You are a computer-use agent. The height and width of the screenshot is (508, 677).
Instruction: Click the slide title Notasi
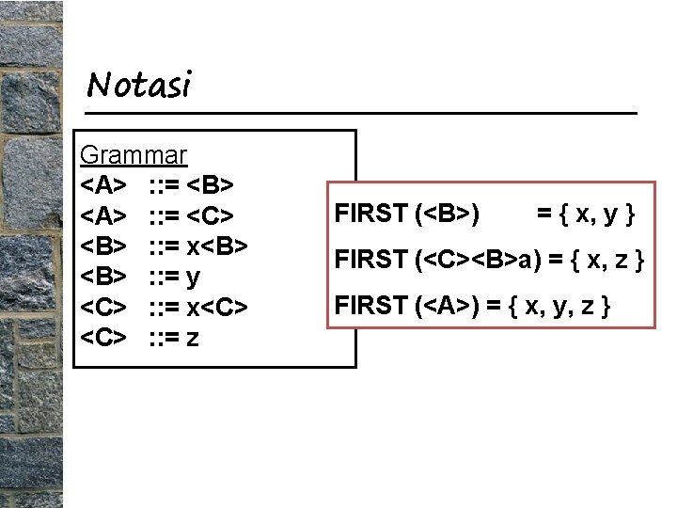(x=138, y=86)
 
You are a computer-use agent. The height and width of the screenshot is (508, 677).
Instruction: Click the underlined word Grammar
(x=134, y=154)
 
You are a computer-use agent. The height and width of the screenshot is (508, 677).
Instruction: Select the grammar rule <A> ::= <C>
(x=164, y=215)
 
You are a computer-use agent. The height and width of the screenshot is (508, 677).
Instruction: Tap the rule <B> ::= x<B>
(x=164, y=246)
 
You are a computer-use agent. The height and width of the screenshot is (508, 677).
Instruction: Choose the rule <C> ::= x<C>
(x=164, y=308)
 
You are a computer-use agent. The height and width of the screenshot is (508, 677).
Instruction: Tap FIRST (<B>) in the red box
(x=407, y=214)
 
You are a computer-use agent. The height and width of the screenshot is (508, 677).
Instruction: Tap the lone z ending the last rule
(x=192, y=337)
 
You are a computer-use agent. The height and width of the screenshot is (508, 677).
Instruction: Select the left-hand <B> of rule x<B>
(x=103, y=246)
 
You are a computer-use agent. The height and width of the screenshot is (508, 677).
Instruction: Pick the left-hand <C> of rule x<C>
(x=103, y=308)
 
